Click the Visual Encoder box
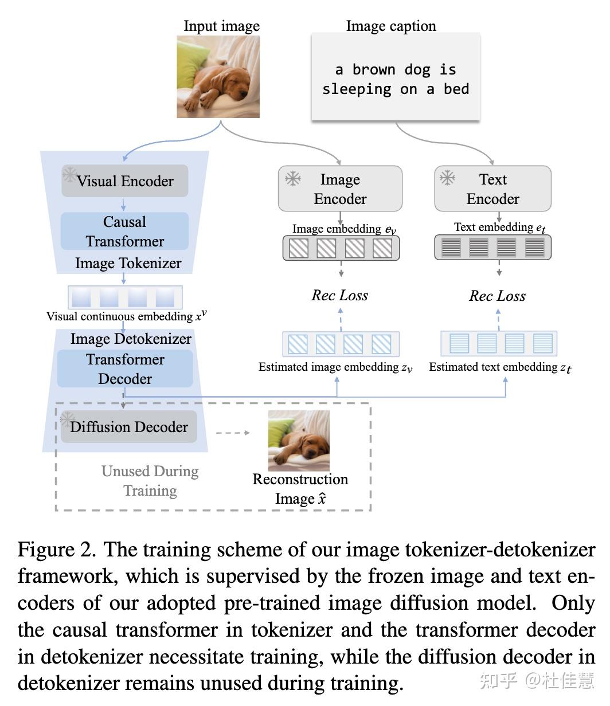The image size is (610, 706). tap(125, 181)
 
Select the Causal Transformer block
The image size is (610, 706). tap(125, 232)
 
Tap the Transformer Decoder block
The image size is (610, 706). tap(125, 369)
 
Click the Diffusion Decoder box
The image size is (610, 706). tap(129, 427)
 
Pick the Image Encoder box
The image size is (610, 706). tap(340, 189)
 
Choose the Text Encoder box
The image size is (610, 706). tap(493, 189)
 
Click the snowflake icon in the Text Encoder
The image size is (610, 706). tap(447, 178)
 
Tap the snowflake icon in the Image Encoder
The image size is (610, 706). tap(293, 179)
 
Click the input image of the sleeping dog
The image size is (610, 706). tap(218, 77)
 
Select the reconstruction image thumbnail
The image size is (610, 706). tap(299, 441)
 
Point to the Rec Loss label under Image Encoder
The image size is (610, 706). tap(340, 296)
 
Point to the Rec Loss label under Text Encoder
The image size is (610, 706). tap(497, 296)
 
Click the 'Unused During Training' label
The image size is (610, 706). tap(150, 481)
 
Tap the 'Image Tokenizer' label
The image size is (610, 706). tap(128, 264)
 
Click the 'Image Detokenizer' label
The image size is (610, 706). tap(131, 339)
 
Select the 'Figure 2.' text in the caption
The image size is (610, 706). tap(57, 550)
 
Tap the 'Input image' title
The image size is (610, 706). tap(221, 26)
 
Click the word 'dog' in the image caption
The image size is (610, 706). tap(417, 70)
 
